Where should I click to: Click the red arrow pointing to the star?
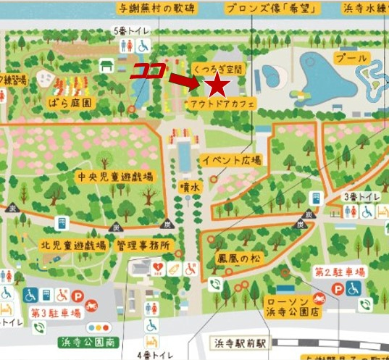pyautogui.click(x=186, y=83)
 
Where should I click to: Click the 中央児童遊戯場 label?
pyautogui.click(x=116, y=176)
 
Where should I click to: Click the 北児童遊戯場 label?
pyautogui.click(x=74, y=245)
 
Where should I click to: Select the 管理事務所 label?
pyautogui.click(x=143, y=245)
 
